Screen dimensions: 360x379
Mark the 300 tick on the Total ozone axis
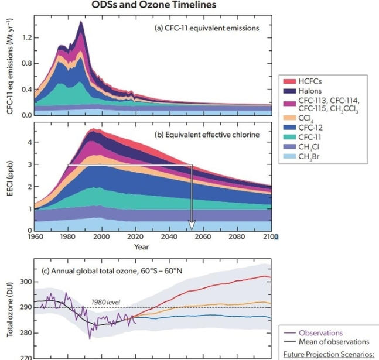(x=25, y=282)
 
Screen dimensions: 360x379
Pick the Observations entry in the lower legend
(x=319, y=332)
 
